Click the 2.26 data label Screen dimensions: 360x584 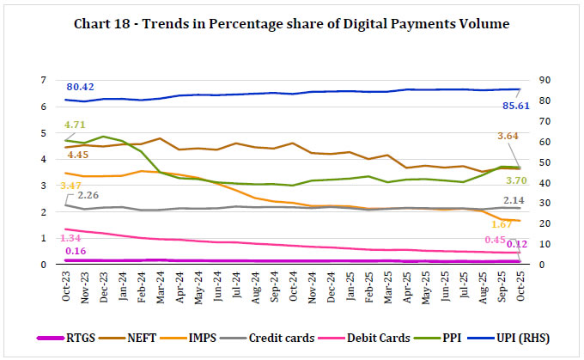coord(89,195)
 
